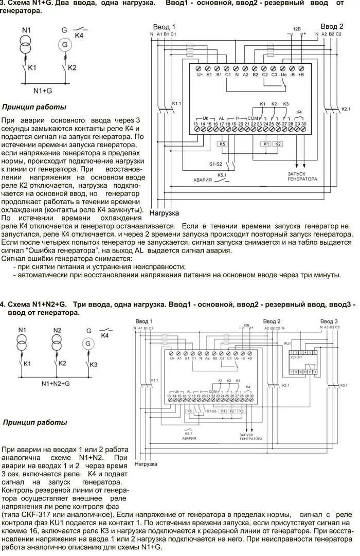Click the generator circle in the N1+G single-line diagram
click(65, 45)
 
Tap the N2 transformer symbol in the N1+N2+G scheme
click(57, 342)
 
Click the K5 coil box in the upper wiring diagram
click(222, 144)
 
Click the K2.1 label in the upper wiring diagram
click(346, 109)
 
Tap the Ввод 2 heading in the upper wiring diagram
click(332, 26)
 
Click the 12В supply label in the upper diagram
click(297, 29)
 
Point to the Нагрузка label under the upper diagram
click(164, 212)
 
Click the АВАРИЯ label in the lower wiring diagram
click(188, 439)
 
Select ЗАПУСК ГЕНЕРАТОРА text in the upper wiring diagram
click(302, 176)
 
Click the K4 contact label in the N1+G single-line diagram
click(79, 36)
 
